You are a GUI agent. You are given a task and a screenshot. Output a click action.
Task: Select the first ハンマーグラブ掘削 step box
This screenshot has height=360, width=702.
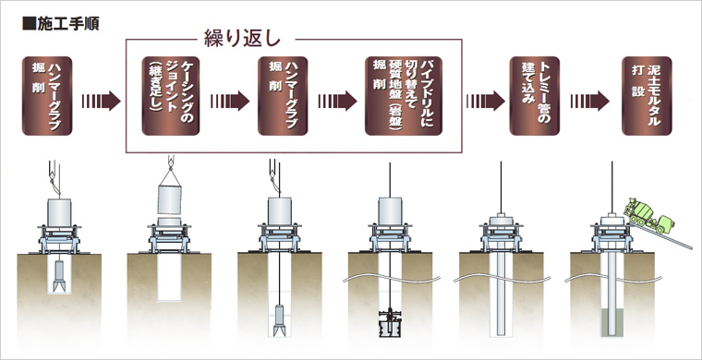[48, 96]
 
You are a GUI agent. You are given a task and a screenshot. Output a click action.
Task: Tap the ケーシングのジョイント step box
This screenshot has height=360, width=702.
[167, 97]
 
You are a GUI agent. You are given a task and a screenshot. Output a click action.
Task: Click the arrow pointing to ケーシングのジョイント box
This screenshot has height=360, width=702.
[101, 97]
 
